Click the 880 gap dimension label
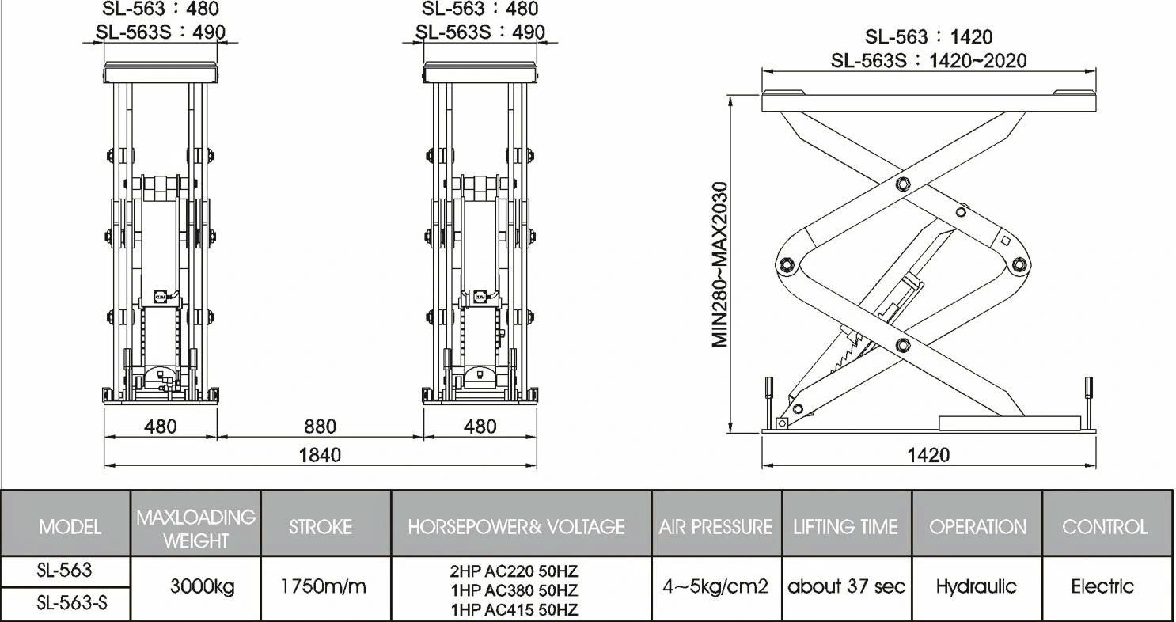(x=320, y=427)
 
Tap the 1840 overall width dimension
(x=320, y=454)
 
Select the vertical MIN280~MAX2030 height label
(x=720, y=264)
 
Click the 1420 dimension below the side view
(x=928, y=454)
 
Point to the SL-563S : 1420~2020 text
(x=928, y=61)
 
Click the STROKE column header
(x=321, y=527)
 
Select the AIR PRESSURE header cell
(x=715, y=527)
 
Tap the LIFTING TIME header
(x=845, y=527)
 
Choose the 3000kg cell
(x=202, y=587)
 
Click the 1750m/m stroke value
(x=324, y=586)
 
